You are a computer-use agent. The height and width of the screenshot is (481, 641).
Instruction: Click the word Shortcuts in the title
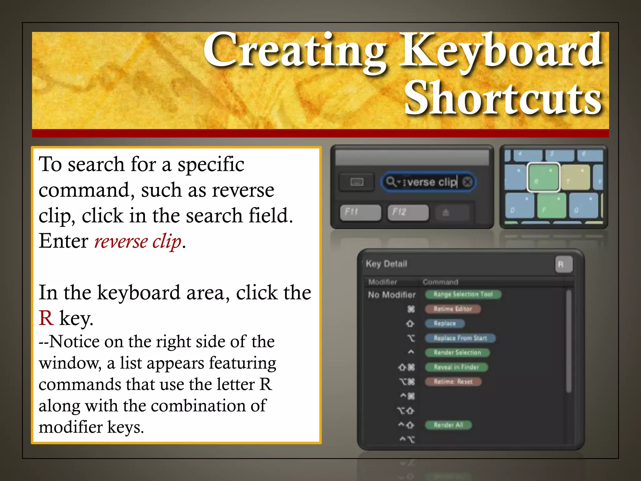[x=503, y=98]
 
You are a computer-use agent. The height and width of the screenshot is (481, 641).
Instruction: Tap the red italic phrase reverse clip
[x=138, y=241]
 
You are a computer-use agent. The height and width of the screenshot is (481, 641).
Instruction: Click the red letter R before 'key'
[x=46, y=318]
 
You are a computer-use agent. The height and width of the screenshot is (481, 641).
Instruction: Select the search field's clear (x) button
[x=467, y=182]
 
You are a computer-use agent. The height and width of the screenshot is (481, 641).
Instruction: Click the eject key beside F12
[x=446, y=213]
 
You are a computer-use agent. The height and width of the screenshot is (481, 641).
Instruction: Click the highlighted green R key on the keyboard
[x=543, y=177]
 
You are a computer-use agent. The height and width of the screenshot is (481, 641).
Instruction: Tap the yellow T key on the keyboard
[x=575, y=178]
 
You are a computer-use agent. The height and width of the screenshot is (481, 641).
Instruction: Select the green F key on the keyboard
[x=551, y=205]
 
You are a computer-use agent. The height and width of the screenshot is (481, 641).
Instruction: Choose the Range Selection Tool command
[x=463, y=294]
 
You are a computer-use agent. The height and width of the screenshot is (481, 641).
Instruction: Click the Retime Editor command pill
[x=453, y=309]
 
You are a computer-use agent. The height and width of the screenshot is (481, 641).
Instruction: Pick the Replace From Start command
[x=460, y=338]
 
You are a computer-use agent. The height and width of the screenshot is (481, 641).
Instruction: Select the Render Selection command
[x=457, y=353]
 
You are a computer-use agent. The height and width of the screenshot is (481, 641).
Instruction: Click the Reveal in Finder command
[x=456, y=367]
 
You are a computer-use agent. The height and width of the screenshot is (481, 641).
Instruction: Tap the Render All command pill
[x=448, y=425]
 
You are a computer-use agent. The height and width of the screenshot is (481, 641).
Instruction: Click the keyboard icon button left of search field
[x=356, y=182]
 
